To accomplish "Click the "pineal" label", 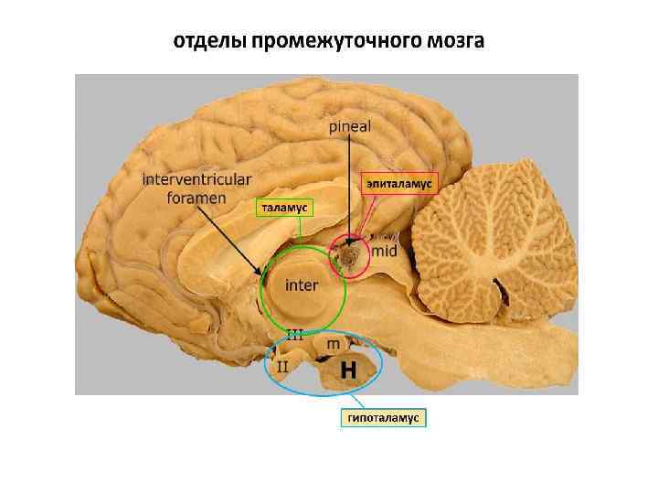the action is click(x=349, y=126).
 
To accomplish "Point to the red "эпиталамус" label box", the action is click(x=399, y=183).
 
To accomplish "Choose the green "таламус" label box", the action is click(x=284, y=208).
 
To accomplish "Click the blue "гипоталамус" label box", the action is click(x=384, y=417).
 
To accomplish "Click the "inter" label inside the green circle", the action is click(x=302, y=285).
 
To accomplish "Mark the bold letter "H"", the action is click(x=348, y=370).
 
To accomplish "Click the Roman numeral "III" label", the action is click(x=295, y=334).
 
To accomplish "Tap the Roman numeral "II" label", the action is click(x=282, y=366).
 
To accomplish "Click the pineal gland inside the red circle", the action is click(x=348, y=257).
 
